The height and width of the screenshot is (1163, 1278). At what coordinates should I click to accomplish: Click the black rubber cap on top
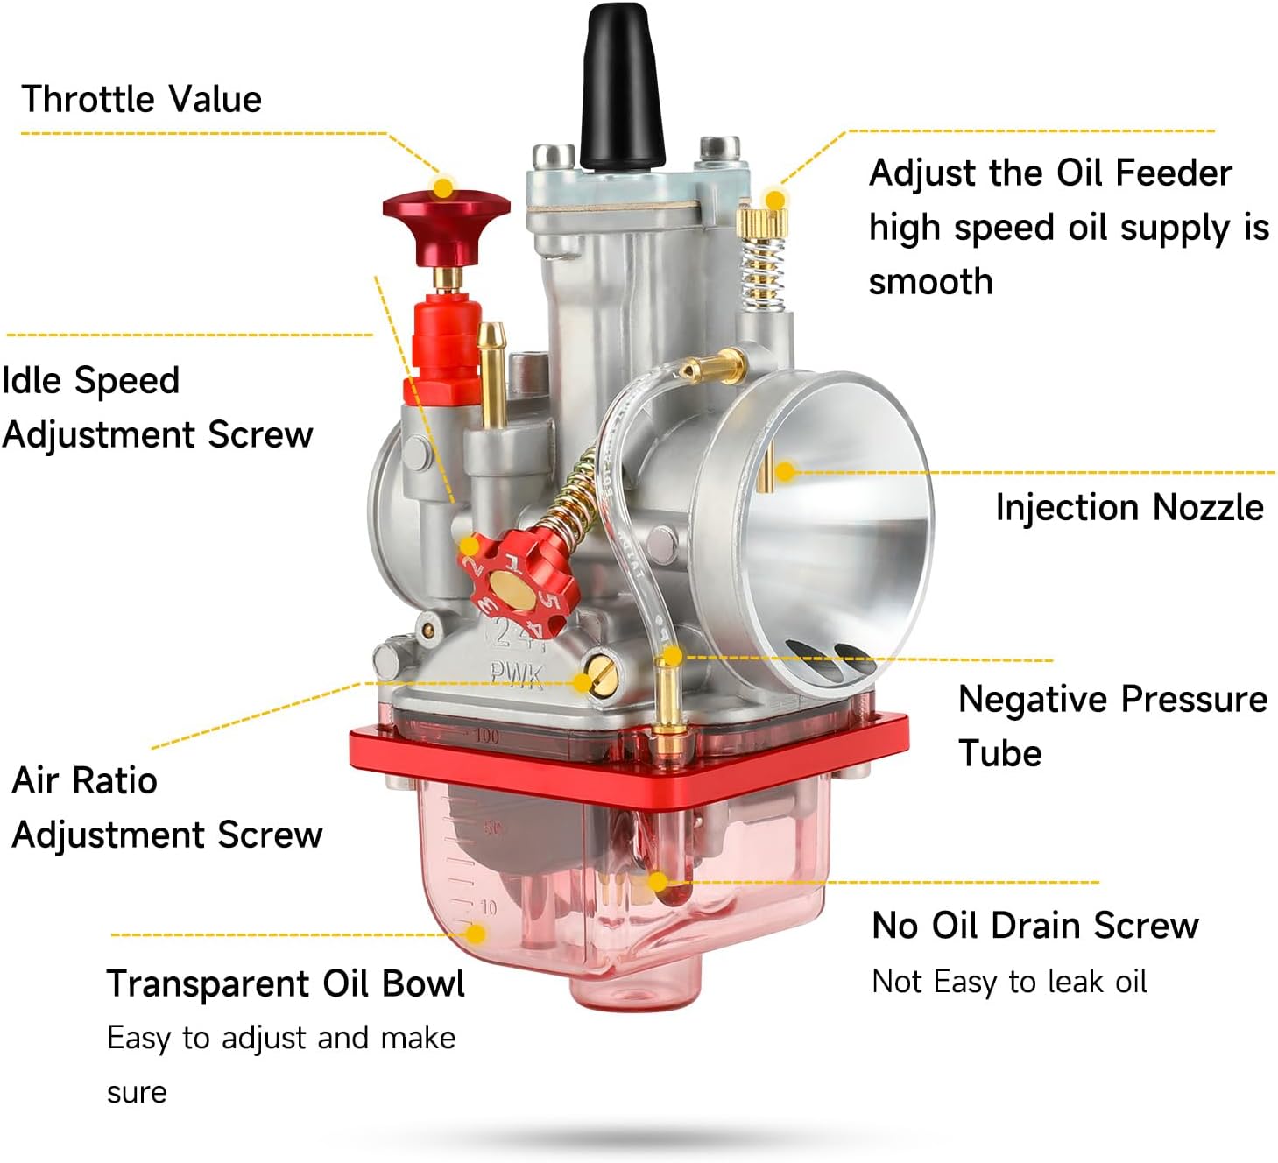point(621,88)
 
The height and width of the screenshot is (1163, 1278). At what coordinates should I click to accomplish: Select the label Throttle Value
point(141,99)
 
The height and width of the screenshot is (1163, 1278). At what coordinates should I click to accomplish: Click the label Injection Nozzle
point(1128,507)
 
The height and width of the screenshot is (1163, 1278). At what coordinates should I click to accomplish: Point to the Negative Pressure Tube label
point(1112,725)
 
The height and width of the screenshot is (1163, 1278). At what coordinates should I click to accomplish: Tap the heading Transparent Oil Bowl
point(285,983)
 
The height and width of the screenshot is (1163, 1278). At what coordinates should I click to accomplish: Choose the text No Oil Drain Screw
point(1034,925)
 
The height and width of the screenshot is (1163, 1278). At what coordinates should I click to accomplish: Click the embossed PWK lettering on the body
point(516,674)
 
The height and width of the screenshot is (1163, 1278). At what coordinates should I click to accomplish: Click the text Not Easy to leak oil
point(1009,982)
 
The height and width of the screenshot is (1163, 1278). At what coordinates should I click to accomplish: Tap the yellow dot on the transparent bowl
point(476,934)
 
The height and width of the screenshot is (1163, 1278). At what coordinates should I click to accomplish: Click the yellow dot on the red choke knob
point(444,187)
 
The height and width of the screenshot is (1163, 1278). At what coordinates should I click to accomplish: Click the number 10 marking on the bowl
point(488,908)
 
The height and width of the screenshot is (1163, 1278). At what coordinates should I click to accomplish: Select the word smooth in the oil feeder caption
point(930,282)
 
